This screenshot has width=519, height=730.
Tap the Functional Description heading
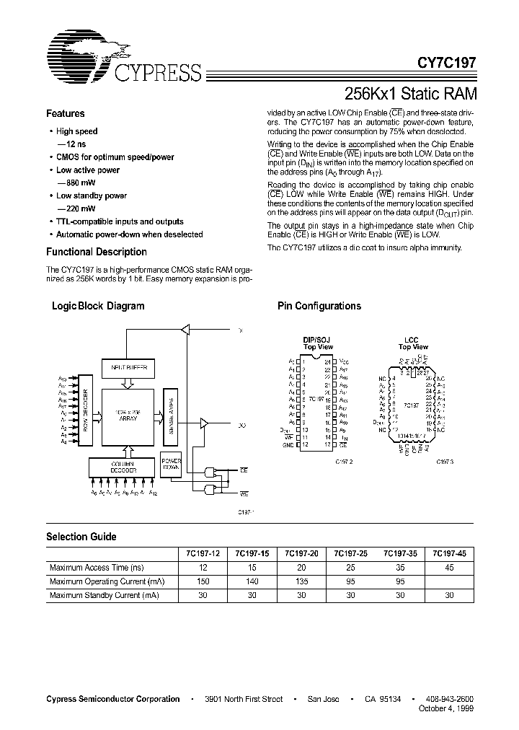click(97, 252)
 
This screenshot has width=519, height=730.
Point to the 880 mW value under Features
click(71, 183)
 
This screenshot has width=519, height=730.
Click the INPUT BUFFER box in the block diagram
click(128, 367)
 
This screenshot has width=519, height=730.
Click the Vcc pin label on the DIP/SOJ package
click(344, 361)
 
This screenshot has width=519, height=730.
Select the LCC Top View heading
click(413, 343)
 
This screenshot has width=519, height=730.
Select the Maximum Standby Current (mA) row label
click(104, 595)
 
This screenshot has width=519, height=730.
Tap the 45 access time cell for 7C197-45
click(449, 568)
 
